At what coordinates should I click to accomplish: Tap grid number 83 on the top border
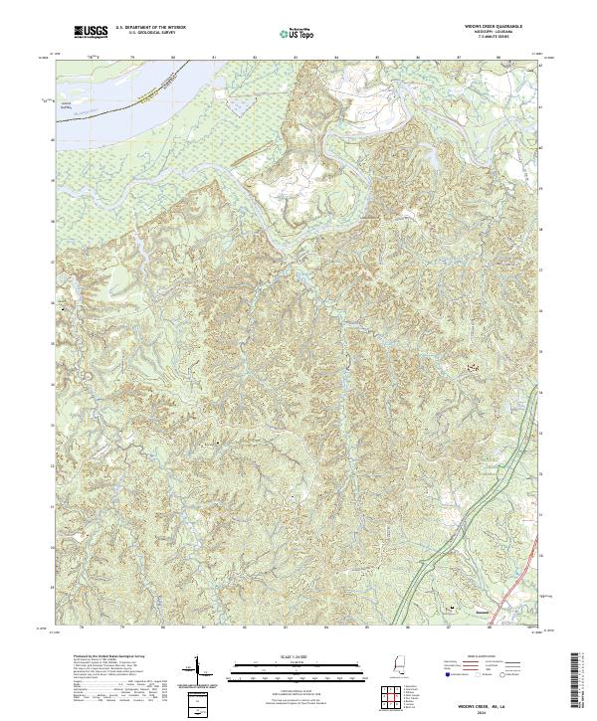(x=296, y=59)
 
